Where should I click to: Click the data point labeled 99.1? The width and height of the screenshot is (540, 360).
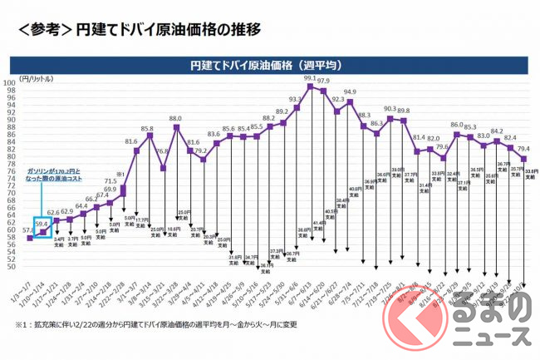click(x=310, y=86)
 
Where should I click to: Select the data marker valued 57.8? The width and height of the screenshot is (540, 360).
click(x=31, y=239)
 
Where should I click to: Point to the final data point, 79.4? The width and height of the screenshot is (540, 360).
click(x=523, y=158)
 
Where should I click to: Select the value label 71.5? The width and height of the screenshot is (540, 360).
click(x=110, y=180)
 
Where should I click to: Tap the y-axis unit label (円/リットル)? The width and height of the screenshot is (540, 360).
click(x=30, y=76)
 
